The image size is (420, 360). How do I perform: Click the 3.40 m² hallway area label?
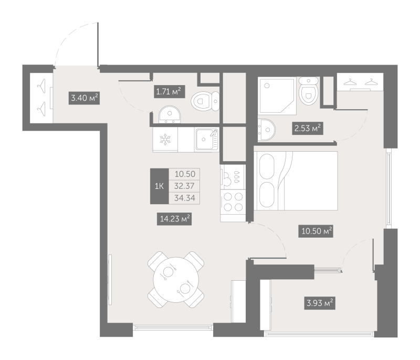tap(84, 98)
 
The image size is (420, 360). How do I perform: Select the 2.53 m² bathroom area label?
tap(308, 128)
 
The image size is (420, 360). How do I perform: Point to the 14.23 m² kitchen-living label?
tap(174, 219)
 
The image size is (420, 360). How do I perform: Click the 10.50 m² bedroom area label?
tap(316, 231)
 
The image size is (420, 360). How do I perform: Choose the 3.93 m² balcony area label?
tap(320, 303)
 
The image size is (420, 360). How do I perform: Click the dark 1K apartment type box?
tap(160, 186)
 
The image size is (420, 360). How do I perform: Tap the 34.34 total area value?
tap(185, 198)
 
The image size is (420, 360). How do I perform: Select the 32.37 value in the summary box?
tap(184, 186)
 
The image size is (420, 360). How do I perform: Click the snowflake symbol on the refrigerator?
tap(165, 140)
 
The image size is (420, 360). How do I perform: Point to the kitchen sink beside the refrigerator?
tap(206, 139)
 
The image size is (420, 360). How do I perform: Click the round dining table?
tap(176, 280)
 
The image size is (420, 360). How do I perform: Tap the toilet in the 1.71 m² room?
tap(205, 101)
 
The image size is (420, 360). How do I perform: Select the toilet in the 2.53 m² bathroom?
tap(309, 91)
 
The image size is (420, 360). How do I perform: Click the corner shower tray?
tap(277, 96)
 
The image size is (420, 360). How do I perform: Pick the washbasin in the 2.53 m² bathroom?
tap(266, 130)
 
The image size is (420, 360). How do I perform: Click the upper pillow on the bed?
tap(267, 166)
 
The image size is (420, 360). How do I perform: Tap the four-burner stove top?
tap(233, 202)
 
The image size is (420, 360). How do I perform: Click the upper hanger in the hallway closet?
tap(41, 86)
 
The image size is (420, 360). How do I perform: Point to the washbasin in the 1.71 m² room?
tap(170, 115)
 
